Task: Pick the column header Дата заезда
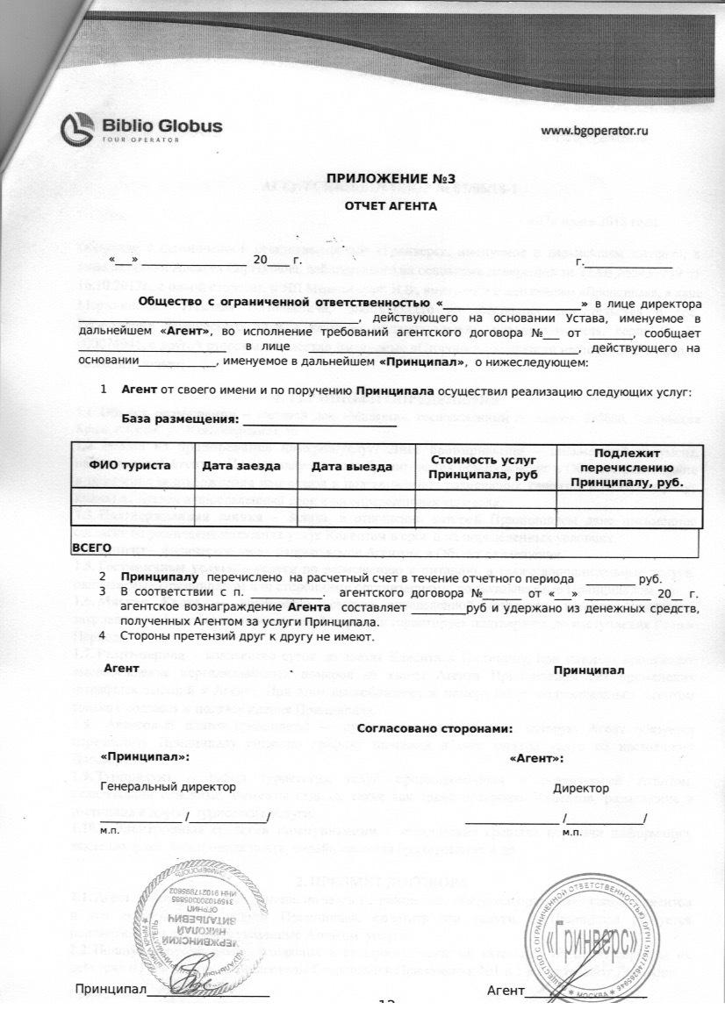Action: pyautogui.click(x=241, y=466)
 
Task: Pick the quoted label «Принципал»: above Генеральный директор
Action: pyautogui.click(x=144, y=756)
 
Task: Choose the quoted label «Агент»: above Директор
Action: pyautogui.click(x=536, y=757)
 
